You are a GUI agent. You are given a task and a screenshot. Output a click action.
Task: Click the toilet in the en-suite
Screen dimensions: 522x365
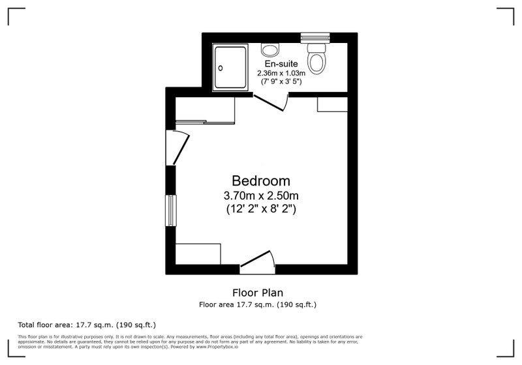316,58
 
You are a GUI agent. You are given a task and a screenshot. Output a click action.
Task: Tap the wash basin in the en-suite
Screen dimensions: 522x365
270,50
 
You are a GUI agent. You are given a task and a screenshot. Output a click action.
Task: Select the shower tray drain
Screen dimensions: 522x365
221,68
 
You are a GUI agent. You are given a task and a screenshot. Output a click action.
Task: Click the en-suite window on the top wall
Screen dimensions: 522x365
315,38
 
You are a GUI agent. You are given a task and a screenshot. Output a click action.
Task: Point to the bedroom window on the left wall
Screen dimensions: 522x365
171,211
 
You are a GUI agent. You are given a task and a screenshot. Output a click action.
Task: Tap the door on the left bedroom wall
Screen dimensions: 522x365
177,147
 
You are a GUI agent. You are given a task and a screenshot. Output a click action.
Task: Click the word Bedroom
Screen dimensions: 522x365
261,181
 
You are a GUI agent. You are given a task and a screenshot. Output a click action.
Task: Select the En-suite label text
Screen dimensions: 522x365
281,63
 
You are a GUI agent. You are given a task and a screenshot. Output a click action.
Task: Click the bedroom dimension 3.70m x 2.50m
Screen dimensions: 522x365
261,195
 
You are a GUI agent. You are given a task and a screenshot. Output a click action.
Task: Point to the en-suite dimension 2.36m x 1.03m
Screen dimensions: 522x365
281,73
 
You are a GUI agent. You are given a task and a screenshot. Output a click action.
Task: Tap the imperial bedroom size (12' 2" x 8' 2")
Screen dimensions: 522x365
261,209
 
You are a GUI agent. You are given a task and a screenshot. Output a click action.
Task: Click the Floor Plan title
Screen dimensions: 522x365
258,293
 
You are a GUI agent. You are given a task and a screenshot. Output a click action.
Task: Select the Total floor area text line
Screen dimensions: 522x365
87,325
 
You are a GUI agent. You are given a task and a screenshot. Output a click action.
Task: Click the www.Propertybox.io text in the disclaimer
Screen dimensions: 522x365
217,347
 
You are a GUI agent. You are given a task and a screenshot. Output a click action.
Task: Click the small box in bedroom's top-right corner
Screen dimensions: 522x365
332,104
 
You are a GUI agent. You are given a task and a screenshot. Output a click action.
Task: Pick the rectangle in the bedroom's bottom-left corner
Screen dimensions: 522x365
198,254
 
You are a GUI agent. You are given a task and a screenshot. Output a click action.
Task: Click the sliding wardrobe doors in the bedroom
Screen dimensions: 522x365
205,122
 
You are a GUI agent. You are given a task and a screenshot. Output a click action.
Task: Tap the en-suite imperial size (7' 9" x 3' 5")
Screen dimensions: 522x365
281,81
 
